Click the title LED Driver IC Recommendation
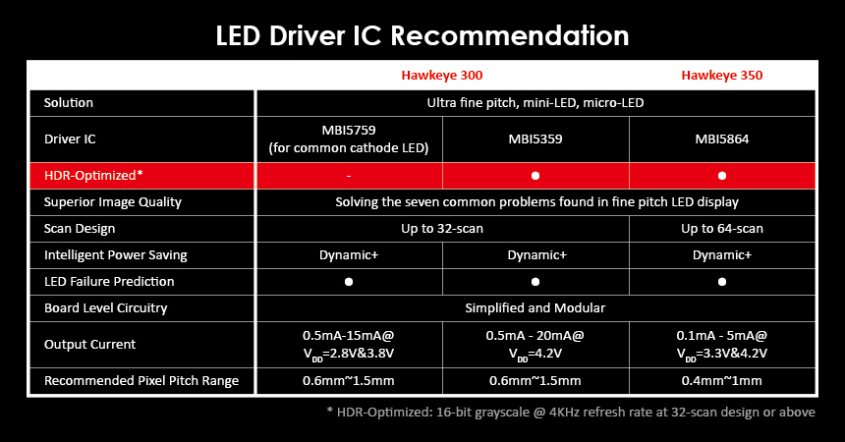tap(422, 36)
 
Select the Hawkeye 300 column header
tap(441, 75)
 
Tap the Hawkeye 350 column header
tap(722, 75)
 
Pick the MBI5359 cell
tap(535, 139)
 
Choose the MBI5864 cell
tap(722, 139)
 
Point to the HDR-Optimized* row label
tap(94, 175)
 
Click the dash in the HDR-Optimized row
tap(349, 176)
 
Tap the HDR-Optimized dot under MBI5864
tap(722, 176)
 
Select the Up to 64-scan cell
tap(722, 229)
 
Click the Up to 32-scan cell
tap(442, 229)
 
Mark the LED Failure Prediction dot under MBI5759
tap(349, 282)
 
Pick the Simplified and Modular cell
tap(535, 307)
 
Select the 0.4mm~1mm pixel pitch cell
tap(722, 381)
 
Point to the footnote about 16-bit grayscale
tap(570, 412)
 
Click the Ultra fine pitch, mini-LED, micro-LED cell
tap(535, 103)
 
